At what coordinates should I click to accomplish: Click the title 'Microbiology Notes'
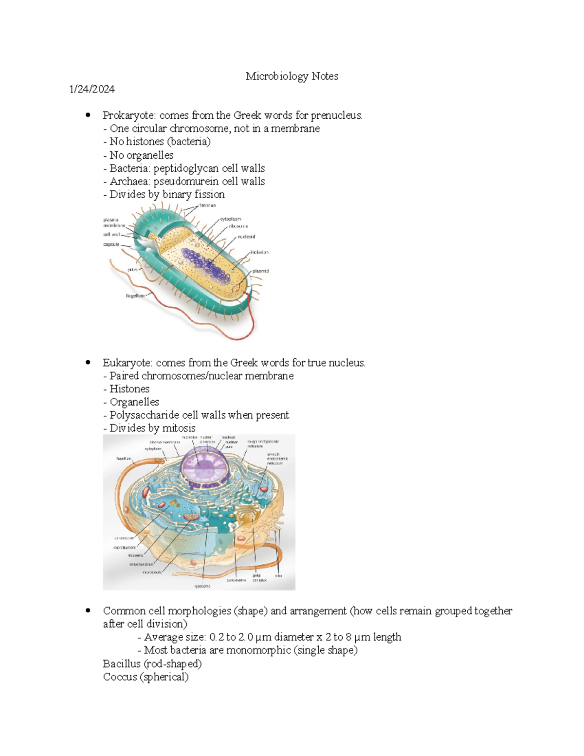292,76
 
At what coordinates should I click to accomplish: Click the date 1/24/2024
92,89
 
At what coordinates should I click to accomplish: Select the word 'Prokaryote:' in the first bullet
129,115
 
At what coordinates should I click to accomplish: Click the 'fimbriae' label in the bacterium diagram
207,206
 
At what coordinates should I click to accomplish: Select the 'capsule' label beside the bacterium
111,244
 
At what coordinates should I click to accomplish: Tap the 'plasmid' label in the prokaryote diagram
260,271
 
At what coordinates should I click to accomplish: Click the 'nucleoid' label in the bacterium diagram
246,237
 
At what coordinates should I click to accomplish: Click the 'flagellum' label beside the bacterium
135,295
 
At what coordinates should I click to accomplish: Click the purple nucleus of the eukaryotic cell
204,465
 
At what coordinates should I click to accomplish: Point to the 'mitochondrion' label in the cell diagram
141,564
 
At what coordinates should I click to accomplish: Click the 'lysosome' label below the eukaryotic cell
202,586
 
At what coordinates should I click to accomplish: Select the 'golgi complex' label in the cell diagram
259,578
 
